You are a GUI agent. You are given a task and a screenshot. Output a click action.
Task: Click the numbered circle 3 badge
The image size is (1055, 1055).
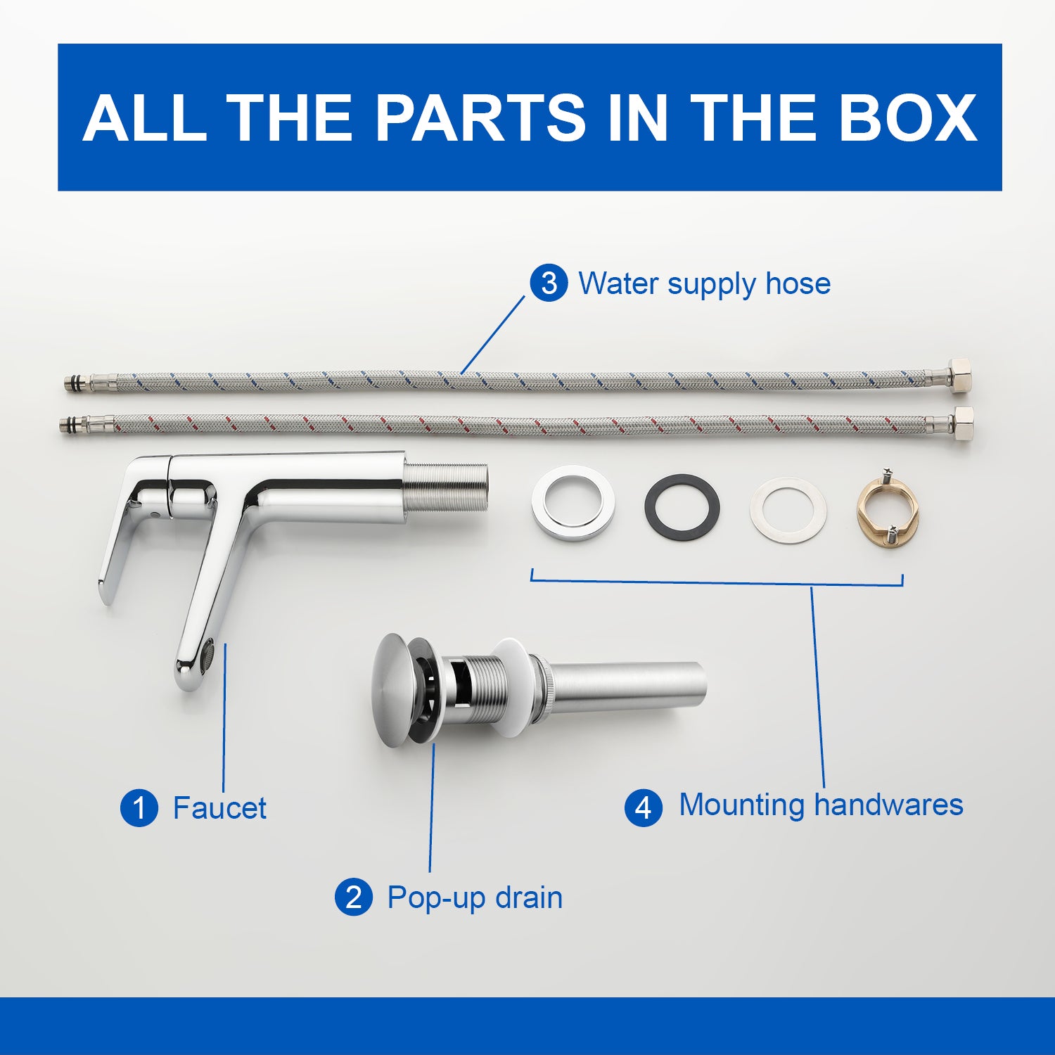[549, 283]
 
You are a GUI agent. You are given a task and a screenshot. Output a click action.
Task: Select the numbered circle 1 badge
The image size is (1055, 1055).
[139, 807]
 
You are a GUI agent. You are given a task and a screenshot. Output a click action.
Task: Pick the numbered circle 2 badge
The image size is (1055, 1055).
[354, 897]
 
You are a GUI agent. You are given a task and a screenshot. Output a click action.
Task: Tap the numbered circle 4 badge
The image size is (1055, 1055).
[644, 807]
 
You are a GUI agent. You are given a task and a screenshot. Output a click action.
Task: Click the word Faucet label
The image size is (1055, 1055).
[219, 808]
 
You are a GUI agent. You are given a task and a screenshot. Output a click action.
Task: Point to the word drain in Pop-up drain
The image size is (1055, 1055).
[528, 897]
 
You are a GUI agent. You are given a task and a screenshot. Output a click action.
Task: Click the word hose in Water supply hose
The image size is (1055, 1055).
[798, 283]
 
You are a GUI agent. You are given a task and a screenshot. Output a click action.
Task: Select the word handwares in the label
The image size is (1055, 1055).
[888, 805]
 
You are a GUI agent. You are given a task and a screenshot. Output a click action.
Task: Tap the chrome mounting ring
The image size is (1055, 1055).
[573, 503]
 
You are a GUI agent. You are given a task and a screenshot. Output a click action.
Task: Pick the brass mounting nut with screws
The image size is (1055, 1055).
[888, 508]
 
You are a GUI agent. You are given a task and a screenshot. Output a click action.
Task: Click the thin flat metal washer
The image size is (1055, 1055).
[788, 511]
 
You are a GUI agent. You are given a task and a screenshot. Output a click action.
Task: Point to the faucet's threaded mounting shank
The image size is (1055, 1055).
[447, 487]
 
